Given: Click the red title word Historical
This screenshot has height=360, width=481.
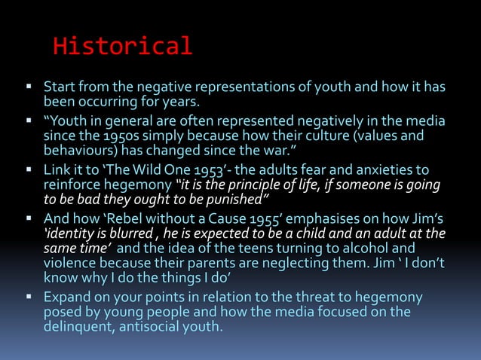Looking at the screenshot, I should click(122, 47).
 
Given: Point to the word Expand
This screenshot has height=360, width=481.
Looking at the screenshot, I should click(67, 297).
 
